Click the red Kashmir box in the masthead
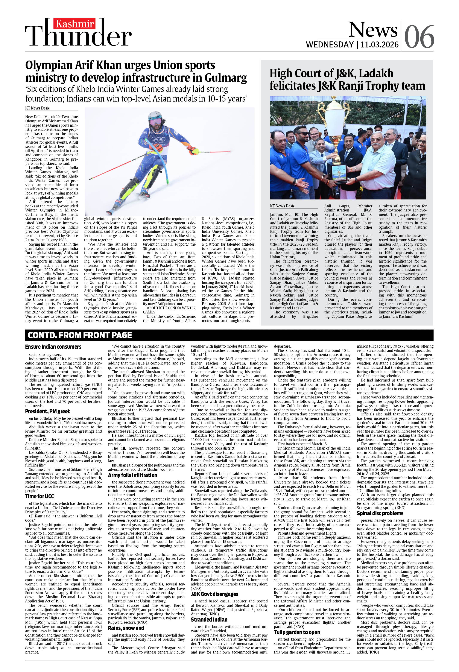75,24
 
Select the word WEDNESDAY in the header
330,44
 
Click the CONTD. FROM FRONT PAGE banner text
80,335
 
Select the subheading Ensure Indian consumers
53,347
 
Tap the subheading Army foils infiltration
132,475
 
